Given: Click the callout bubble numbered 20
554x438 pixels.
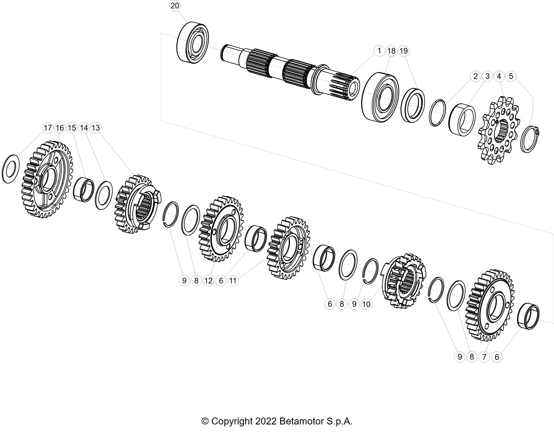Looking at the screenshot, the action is [x=175, y=6].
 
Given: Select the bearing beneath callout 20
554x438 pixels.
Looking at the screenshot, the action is [x=193, y=42].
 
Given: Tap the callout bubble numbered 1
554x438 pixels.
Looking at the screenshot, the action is [x=379, y=51].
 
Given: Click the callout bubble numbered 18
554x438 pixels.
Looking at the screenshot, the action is [x=391, y=51].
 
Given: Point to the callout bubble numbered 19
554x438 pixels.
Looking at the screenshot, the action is [x=403, y=51].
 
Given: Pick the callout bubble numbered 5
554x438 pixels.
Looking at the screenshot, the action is [x=511, y=76].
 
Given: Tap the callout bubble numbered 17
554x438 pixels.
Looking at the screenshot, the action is [x=48, y=128].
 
